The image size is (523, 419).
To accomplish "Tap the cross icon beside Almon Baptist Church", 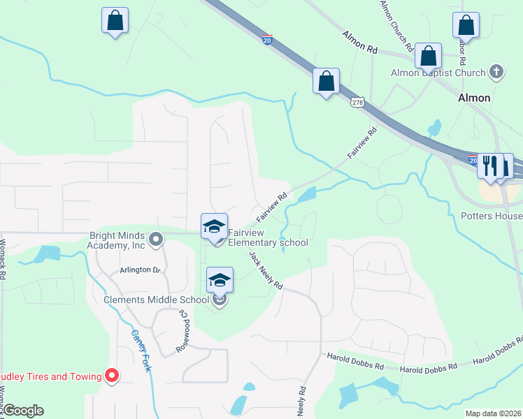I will pos(496,72).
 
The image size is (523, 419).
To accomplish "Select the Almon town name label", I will pos(473,98).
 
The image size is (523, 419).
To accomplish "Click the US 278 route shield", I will pos(357,102).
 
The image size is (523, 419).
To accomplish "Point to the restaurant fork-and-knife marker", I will pos(490,166).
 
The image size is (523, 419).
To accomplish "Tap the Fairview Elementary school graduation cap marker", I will pos(214,226).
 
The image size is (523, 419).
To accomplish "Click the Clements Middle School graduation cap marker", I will pos(220,279).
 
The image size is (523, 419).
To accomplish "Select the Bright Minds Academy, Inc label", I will pos(116,240).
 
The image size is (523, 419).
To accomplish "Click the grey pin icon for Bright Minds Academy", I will pos(156,240).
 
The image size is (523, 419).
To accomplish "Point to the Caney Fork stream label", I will pos(141,350).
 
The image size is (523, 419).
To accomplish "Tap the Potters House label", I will pos(491,216).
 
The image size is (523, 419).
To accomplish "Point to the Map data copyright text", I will pos(493,413).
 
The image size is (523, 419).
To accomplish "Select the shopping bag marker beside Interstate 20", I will pos(326,81).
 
